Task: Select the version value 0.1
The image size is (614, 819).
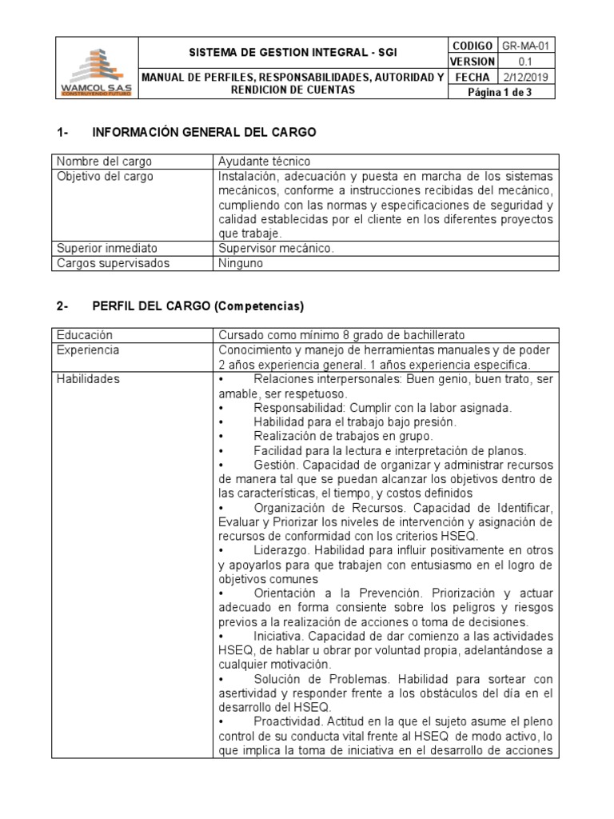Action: click(x=525, y=62)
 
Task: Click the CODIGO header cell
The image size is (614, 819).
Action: click(x=472, y=46)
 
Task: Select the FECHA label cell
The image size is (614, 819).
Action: click(x=472, y=77)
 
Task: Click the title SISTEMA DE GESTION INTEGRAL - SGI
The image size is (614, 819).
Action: click(x=292, y=53)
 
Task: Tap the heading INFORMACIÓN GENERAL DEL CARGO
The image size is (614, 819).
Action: click(x=205, y=131)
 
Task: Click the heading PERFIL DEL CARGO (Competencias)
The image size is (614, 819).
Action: click(x=198, y=306)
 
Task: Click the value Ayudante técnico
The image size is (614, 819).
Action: click(x=264, y=162)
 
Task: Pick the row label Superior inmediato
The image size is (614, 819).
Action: click(x=102, y=248)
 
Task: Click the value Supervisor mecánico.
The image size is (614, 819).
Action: click(x=276, y=248)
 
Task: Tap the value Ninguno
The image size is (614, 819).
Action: click(x=240, y=262)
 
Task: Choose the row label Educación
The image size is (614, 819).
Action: click(x=84, y=335)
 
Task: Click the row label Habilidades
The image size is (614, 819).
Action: click(x=88, y=379)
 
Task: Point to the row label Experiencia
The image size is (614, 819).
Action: click(x=88, y=350)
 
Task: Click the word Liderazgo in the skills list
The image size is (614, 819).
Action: click(x=281, y=550)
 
